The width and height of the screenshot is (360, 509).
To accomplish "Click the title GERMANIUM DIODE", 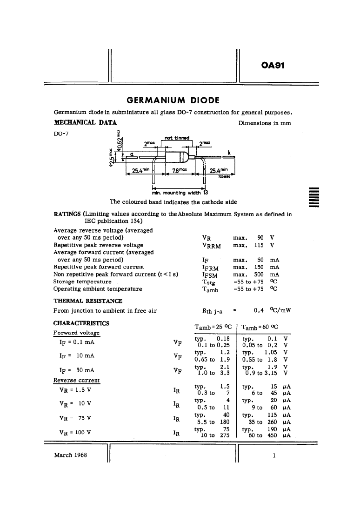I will pyautogui.click(x=173, y=100).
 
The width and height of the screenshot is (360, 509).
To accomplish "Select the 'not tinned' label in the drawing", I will pyautogui.click(x=177, y=138).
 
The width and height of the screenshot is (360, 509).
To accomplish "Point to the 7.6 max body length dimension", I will pyautogui.click(x=180, y=170).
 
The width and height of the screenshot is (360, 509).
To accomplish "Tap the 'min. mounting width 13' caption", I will pyautogui.click(x=180, y=193).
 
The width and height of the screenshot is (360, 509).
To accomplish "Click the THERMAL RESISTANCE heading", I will pyautogui.click(x=88, y=301).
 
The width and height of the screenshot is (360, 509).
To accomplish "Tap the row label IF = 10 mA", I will pyautogui.click(x=77, y=356).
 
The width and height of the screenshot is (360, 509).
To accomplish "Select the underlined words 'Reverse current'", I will pyautogui.click(x=77, y=381).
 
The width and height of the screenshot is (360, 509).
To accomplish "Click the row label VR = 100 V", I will pyautogui.click(x=75, y=432).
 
